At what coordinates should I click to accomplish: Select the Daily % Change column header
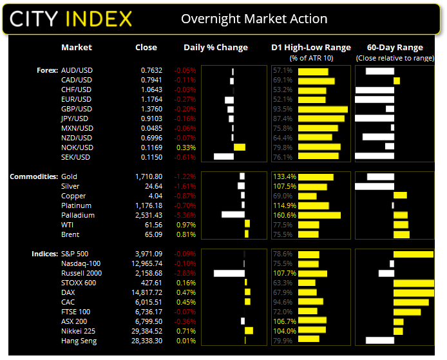(x=215, y=47)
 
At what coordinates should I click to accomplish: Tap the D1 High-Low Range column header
(x=311, y=47)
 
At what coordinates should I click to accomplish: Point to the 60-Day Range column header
(x=394, y=47)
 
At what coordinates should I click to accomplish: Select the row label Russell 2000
(x=82, y=273)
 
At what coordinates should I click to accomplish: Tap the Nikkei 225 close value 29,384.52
(x=142, y=331)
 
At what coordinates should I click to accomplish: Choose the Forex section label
(x=44, y=70)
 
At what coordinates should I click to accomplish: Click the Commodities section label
(x=33, y=176)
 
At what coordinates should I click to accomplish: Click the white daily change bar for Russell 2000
(x=229, y=273)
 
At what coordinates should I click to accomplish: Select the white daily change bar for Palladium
(x=233, y=215)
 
